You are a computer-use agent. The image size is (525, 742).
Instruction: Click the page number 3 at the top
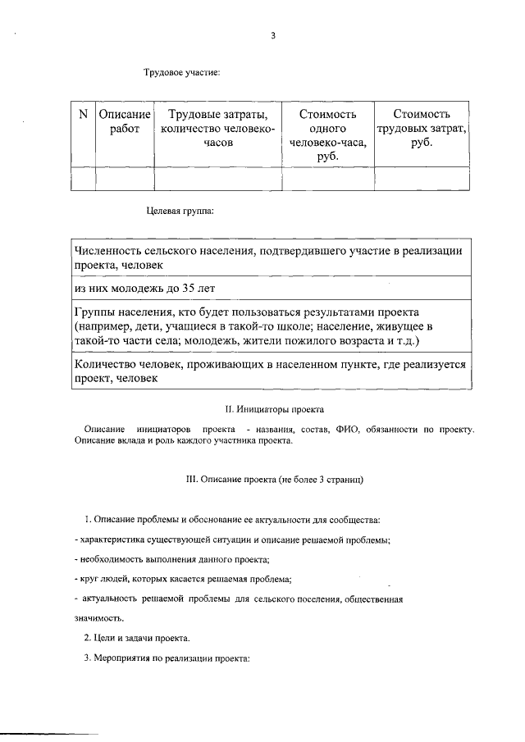point(273,35)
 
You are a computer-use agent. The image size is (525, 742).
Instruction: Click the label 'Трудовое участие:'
point(182,74)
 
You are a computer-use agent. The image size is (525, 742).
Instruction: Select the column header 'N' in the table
point(83,115)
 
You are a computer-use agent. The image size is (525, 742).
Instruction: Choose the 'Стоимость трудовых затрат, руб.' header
point(421,128)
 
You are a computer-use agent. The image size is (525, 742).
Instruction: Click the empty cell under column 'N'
point(83,178)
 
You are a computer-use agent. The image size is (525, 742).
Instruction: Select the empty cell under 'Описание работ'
point(125,178)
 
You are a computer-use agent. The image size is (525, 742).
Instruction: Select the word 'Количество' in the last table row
point(106,364)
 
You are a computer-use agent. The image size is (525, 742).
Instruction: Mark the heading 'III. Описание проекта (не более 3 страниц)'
point(274,478)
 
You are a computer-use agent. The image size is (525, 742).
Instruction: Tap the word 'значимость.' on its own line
point(98,617)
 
